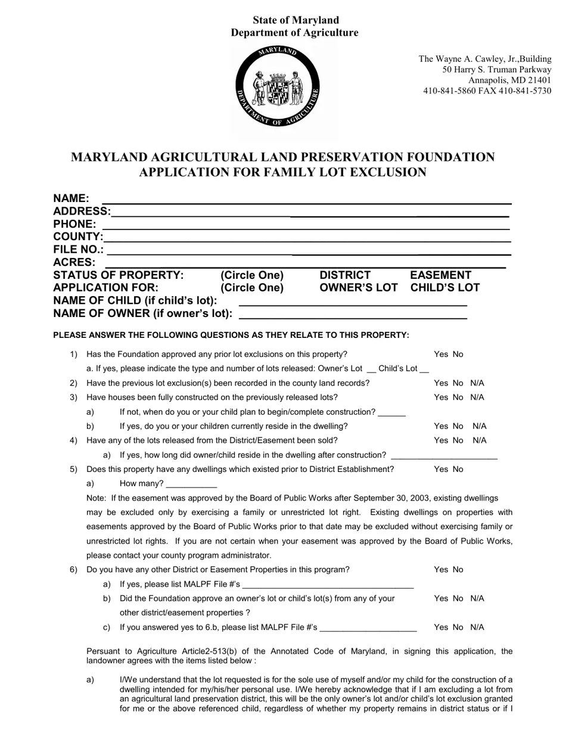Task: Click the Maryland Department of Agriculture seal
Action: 278,86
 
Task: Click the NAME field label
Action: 71,198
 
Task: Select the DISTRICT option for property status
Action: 345,275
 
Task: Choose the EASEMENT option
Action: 440,275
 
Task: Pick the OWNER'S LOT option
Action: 358,288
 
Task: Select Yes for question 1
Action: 441,355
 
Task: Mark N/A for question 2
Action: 477,383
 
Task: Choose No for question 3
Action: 458,397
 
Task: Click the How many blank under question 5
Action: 191,484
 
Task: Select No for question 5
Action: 458,470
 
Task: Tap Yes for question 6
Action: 441,570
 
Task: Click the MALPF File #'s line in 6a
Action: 328,585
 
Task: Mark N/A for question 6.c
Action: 477,628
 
